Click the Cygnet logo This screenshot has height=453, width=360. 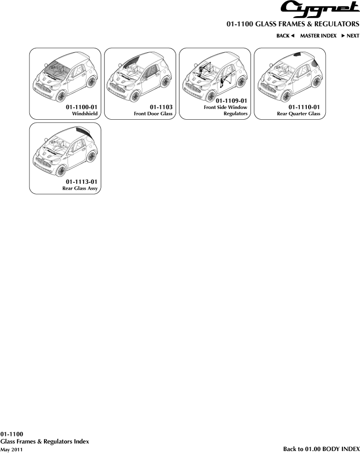coord(320,9)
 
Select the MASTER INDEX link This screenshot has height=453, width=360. coord(318,36)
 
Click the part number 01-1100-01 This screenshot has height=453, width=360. coord(82,107)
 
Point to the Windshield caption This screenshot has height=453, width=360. coord(85,113)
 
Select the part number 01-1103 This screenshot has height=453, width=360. coord(161,107)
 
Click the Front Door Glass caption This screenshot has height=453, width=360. coord(153,113)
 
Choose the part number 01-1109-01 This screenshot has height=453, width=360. coord(232,101)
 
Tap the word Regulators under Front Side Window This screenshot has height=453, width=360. coord(235,113)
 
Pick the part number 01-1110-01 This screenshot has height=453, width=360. coord(304,107)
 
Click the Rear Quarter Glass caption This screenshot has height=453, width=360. coord(298,113)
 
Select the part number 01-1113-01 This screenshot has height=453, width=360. coord(82,182)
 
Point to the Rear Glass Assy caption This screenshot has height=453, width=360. coord(80,188)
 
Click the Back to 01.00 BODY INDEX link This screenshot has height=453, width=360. coord(321,449)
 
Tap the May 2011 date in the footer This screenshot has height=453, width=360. coord(11,450)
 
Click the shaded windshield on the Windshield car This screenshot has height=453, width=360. coord(58,69)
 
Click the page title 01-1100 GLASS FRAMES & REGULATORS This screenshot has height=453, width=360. coord(293,24)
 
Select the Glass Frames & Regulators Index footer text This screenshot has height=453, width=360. coord(45,441)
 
